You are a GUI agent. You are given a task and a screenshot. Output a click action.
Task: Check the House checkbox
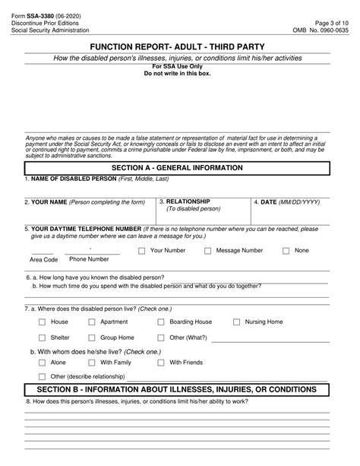(x=42, y=322)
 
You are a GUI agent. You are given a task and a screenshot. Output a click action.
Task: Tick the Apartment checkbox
(x=92, y=322)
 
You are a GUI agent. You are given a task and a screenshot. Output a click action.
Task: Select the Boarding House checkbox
(x=161, y=322)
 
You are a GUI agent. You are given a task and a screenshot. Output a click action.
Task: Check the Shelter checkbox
(x=42, y=338)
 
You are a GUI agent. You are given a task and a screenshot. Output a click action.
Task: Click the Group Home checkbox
(x=92, y=338)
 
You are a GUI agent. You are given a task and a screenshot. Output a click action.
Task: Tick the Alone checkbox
(x=42, y=363)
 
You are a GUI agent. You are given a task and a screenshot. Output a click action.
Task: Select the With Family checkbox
(x=92, y=363)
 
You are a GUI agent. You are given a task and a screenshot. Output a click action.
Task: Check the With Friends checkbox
(x=161, y=363)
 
